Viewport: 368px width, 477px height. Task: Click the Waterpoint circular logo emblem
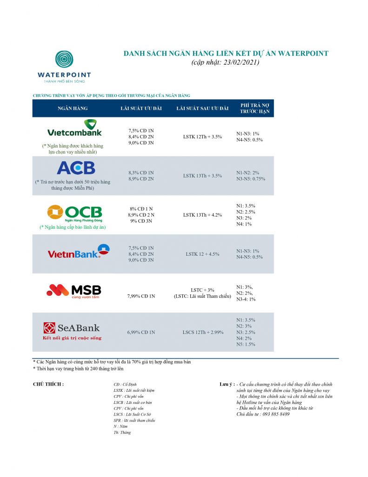pyautogui.click(x=64, y=59)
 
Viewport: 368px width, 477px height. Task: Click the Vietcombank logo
pyautogui.click(x=74, y=129)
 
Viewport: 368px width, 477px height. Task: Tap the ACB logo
pyautogui.click(x=75, y=168)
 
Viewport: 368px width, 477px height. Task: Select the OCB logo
pyautogui.click(x=74, y=213)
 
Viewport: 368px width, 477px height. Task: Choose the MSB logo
pyautogui.click(x=74, y=291)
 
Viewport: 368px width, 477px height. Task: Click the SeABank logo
pyautogui.click(x=72, y=328)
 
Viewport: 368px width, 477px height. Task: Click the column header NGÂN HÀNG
pyautogui.click(x=73, y=109)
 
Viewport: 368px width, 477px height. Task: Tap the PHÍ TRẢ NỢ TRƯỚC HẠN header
pyautogui.click(x=254, y=109)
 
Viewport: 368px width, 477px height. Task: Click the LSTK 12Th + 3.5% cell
pyautogui.click(x=202, y=136)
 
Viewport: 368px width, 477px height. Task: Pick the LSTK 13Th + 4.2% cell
pyautogui.click(x=202, y=215)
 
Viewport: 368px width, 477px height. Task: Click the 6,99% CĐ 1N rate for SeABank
pyautogui.click(x=141, y=332)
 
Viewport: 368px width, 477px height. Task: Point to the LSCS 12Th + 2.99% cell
pyautogui.click(x=202, y=332)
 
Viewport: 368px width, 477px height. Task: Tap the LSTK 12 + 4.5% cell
pyautogui.click(x=202, y=254)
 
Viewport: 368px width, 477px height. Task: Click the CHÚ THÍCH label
pyautogui.click(x=48, y=384)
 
